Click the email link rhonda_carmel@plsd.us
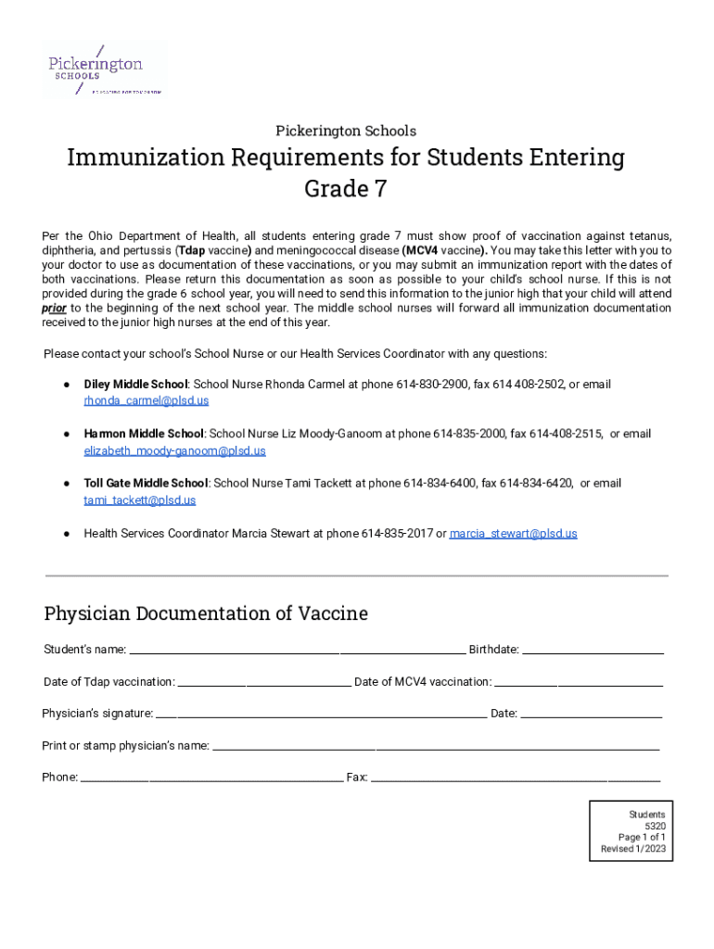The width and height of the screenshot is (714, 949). pyautogui.click(x=146, y=400)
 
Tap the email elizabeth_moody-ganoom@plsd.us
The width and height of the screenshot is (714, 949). pyautogui.click(x=174, y=450)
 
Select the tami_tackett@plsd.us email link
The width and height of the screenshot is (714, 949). pyautogui.click(x=139, y=500)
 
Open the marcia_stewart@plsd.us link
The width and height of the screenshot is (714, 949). pyautogui.click(x=513, y=534)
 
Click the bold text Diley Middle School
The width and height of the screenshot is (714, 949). pyautogui.click(x=136, y=384)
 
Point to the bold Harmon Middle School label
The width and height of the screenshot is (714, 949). pyautogui.click(x=144, y=434)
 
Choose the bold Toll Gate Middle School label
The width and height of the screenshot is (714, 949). pyautogui.click(x=146, y=484)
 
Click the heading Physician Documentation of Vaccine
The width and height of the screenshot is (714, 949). pyautogui.click(x=206, y=614)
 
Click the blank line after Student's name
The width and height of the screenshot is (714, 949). pyautogui.click(x=297, y=651)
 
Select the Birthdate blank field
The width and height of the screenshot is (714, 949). pyautogui.click(x=593, y=651)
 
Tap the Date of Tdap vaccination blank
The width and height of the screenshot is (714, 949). pyautogui.click(x=263, y=683)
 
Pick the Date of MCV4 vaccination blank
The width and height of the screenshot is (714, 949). pyautogui.click(x=579, y=683)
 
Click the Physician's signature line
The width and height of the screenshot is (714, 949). pyautogui.click(x=321, y=715)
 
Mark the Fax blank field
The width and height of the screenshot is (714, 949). pyautogui.click(x=515, y=778)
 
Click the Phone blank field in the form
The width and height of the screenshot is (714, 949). pyautogui.click(x=211, y=778)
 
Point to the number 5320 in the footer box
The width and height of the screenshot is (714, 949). pyautogui.click(x=655, y=827)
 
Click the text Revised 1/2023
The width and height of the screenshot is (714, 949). pyautogui.click(x=632, y=849)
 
